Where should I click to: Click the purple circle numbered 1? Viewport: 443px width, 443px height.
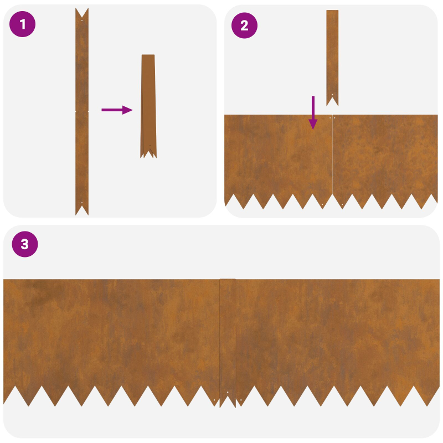tap(23, 24)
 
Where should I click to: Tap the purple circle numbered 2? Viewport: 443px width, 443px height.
tap(244, 25)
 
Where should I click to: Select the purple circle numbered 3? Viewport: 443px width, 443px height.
tap(24, 244)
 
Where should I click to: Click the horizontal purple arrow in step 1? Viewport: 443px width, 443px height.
tap(117, 110)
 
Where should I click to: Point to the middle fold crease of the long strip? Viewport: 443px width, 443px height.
tap(82, 111)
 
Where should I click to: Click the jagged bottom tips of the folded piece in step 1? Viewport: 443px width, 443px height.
tap(148, 154)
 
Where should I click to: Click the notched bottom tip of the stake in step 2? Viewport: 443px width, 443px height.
tap(332, 101)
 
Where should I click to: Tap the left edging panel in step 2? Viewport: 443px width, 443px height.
tap(277, 155)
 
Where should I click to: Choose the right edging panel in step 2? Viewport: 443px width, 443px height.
tap(385, 155)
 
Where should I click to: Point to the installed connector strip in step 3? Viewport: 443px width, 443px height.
tap(228, 338)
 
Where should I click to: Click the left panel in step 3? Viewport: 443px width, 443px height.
tap(111, 332)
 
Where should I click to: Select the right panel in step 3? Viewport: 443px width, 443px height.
tap(338, 332)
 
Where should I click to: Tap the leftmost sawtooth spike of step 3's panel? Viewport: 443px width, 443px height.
tap(7, 396)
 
